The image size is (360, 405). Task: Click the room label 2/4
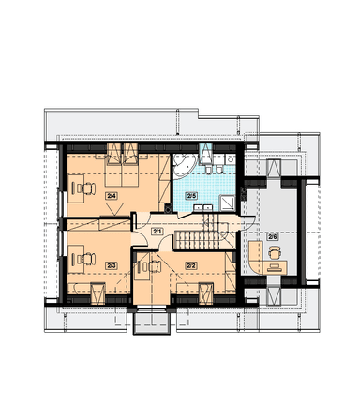(112, 196)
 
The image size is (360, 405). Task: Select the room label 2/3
(112, 265)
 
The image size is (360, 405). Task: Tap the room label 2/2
(191, 265)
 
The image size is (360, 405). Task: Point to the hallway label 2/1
(157, 232)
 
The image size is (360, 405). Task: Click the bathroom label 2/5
(191, 196)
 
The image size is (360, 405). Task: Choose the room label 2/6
(273, 236)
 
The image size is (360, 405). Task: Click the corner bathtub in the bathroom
(185, 166)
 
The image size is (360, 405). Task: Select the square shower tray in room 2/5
(227, 203)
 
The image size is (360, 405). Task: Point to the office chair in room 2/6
(275, 252)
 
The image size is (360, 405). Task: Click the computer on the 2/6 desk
(276, 267)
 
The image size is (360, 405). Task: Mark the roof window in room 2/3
(97, 293)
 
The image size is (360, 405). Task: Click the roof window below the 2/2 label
(206, 293)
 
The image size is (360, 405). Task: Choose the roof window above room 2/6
(274, 168)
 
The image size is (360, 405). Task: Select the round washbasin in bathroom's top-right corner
(231, 159)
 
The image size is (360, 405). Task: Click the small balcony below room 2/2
(152, 322)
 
